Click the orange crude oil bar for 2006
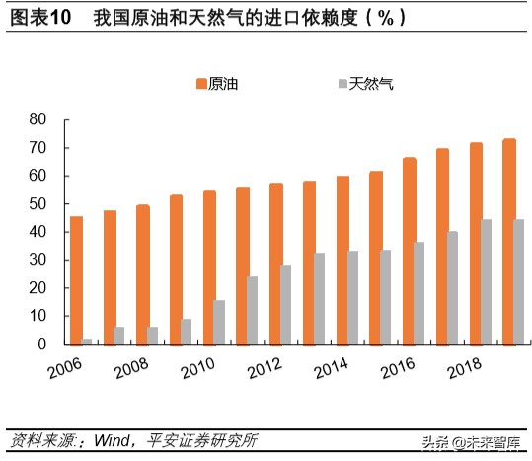coord(76,280)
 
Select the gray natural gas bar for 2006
coord(88,342)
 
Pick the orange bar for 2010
coord(209,267)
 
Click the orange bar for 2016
coord(409,251)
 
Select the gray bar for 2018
coord(487,281)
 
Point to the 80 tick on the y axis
coord(38,119)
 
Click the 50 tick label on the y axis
coord(38,204)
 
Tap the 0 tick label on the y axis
coord(43,345)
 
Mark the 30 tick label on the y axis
coord(38,261)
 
